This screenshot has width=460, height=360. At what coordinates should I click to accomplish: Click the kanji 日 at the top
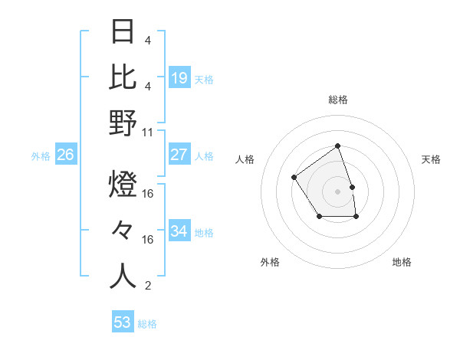pyautogui.click(x=123, y=33)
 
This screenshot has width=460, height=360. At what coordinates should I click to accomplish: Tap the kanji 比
pyautogui.click(x=123, y=77)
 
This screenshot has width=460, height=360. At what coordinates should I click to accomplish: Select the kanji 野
pyautogui.click(x=123, y=123)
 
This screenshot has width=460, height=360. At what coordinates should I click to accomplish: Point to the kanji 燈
pyautogui.click(x=123, y=186)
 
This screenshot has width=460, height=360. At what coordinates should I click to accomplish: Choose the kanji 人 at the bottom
pyautogui.click(x=123, y=276)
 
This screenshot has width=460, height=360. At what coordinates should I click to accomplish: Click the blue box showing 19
pyautogui.click(x=179, y=78)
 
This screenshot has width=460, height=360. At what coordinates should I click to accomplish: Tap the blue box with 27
pyautogui.click(x=179, y=155)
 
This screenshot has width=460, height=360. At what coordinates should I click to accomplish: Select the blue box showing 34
pyautogui.click(x=179, y=231)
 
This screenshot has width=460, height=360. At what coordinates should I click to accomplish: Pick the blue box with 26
pyautogui.click(x=66, y=155)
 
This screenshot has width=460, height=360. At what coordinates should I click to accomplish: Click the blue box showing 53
pyautogui.click(x=123, y=322)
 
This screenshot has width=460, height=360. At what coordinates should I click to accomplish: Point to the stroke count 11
pyautogui.click(x=148, y=132)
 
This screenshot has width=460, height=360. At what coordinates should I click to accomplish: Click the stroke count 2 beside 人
pyautogui.click(x=148, y=286)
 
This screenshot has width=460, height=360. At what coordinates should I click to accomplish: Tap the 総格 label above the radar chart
pyautogui.click(x=337, y=100)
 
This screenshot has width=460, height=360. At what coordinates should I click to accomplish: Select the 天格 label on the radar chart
pyautogui.click(x=431, y=159)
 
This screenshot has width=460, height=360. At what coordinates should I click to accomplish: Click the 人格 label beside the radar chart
pyautogui.click(x=245, y=159)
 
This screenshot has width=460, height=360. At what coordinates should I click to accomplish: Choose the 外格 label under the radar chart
pyautogui.click(x=270, y=262)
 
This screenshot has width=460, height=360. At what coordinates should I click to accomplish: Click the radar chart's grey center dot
pyautogui.click(x=337, y=190)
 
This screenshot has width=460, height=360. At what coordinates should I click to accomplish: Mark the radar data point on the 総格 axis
pyautogui.click(x=337, y=146)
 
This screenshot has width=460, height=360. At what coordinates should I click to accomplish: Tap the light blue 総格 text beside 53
pyautogui.click(x=147, y=324)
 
